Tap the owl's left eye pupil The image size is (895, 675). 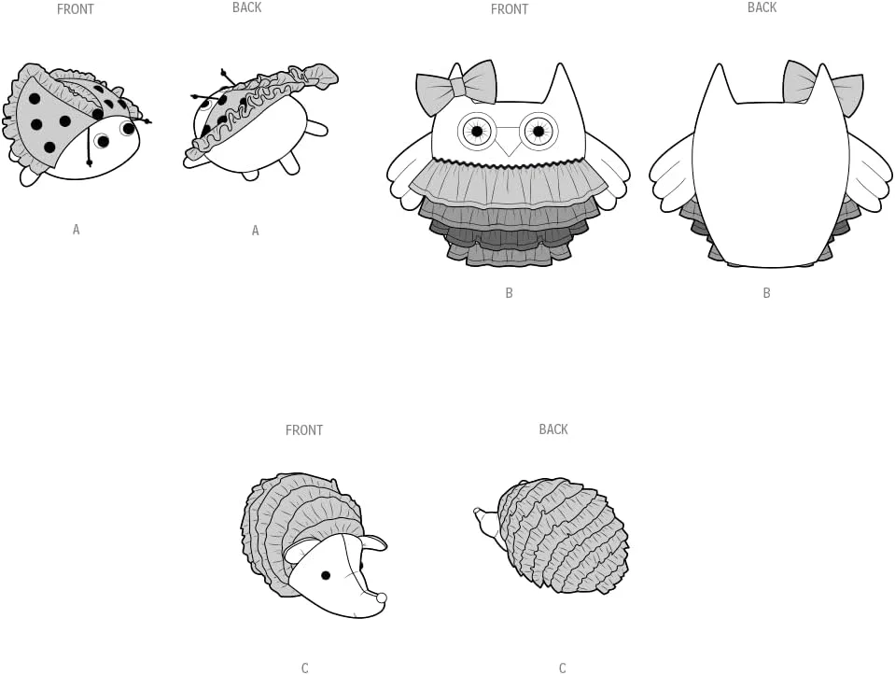[477, 132]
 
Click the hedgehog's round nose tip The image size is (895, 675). [381, 598]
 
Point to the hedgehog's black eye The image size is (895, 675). [326, 575]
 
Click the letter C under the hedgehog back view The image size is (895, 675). [562, 668]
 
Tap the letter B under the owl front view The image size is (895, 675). [510, 293]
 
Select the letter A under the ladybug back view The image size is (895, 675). [255, 231]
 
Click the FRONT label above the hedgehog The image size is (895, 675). [303, 430]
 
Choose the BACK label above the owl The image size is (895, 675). [762, 7]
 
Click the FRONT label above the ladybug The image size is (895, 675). [75, 9]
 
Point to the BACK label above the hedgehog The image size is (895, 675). [553, 429]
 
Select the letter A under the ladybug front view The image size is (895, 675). [76, 230]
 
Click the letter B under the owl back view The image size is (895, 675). [766, 293]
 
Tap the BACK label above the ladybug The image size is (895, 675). [246, 7]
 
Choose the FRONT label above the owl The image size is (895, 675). [510, 9]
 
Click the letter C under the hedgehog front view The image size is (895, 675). [305, 668]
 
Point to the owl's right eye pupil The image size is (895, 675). [538, 132]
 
